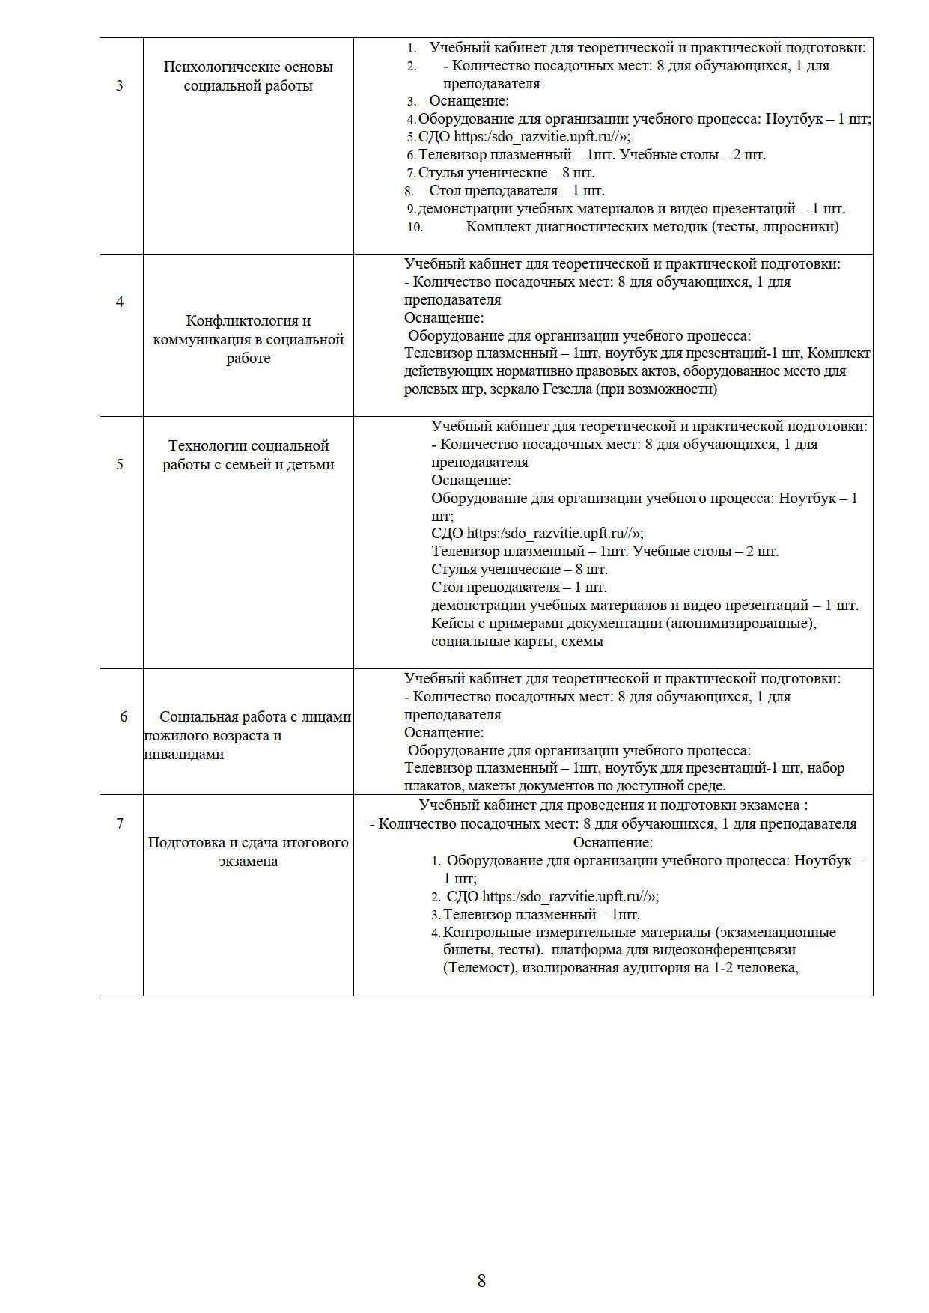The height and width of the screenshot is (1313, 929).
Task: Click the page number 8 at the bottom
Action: tap(481, 1280)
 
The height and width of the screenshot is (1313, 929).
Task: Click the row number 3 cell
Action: tap(120, 85)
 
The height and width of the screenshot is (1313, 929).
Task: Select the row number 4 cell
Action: tap(120, 302)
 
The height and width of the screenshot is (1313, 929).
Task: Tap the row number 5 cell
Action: tap(120, 464)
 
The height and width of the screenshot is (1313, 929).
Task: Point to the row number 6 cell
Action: tap(124, 717)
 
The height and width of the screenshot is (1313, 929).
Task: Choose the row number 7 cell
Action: tap(120, 824)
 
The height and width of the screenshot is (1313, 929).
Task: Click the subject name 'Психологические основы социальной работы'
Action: tap(248, 76)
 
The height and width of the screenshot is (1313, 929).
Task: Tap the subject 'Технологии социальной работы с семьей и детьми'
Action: tap(248, 455)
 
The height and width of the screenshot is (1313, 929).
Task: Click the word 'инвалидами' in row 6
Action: tap(184, 755)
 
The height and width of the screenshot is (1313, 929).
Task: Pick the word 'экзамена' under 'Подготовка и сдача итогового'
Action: tap(248, 862)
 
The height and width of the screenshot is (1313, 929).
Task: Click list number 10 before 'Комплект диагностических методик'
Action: tap(415, 227)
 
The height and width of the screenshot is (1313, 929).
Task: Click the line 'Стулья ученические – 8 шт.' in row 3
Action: tap(506, 173)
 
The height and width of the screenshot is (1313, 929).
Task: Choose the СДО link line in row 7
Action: tap(552, 897)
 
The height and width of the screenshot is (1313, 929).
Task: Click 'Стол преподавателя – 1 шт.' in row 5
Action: tap(519, 588)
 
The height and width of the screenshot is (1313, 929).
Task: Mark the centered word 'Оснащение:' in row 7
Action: tap(613, 842)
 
